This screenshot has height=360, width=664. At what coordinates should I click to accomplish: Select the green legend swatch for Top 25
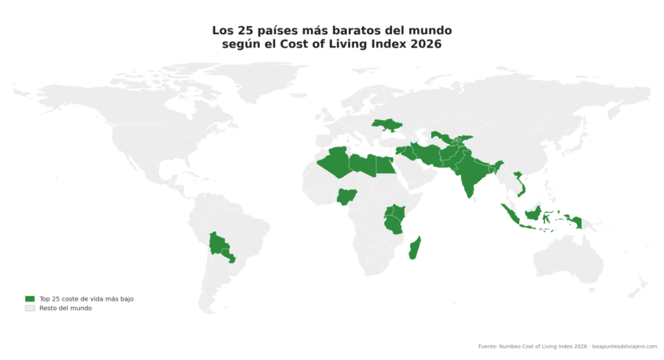click(x=29, y=298)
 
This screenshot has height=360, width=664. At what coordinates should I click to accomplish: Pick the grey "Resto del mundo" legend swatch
click(x=29, y=308)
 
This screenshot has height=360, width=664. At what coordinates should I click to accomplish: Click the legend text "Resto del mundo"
click(x=65, y=308)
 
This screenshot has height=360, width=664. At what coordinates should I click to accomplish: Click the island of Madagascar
click(x=415, y=248)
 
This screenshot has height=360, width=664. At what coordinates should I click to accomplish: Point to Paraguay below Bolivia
click(x=229, y=257)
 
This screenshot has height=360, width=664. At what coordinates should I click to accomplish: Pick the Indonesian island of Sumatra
click(x=509, y=214)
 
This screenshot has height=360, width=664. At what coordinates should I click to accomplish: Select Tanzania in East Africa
click(x=394, y=224)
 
